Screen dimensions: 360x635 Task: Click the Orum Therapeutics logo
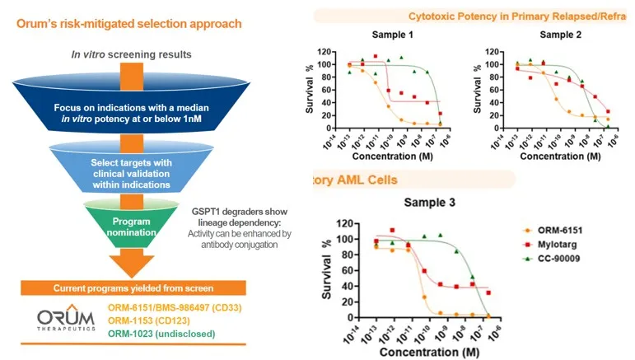pyautogui.click(x=63, y=320)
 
